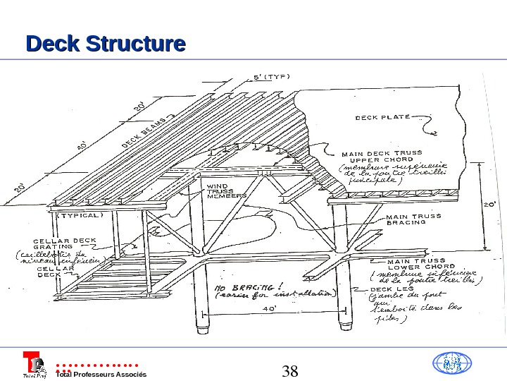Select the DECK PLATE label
click(382, 117)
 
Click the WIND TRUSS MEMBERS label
click(225, 191)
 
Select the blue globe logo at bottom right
click(451, 363)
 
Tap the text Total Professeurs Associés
click(101, 374)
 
